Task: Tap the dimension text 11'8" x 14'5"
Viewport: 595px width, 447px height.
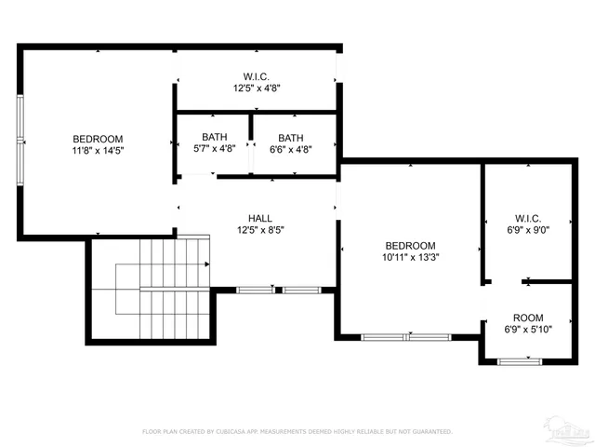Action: point(99,150)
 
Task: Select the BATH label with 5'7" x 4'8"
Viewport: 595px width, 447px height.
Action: point(214,137)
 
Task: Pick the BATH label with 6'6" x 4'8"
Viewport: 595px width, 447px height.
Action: point(290,137)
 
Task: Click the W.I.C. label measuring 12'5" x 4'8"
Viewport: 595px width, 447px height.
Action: point(257,76)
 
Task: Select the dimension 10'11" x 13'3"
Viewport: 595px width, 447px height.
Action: point(409,258)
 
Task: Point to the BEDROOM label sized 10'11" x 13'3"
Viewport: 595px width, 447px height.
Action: point(409,246)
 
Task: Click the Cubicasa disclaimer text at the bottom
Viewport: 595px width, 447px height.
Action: point(297,431)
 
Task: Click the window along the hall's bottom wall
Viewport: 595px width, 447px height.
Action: point(278,291)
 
